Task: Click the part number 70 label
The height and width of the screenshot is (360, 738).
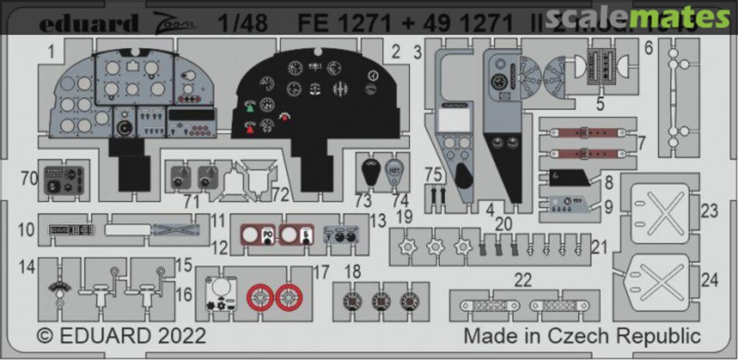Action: coord(29,180)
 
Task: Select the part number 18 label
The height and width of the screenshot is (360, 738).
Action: coord(352,273)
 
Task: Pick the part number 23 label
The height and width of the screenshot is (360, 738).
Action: coord(710,211)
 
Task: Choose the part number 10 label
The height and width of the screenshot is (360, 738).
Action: coord(26,230)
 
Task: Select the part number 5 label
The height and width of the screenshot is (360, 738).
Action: coord(600,106)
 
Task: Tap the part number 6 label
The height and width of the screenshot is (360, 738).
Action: coord(648,48)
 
